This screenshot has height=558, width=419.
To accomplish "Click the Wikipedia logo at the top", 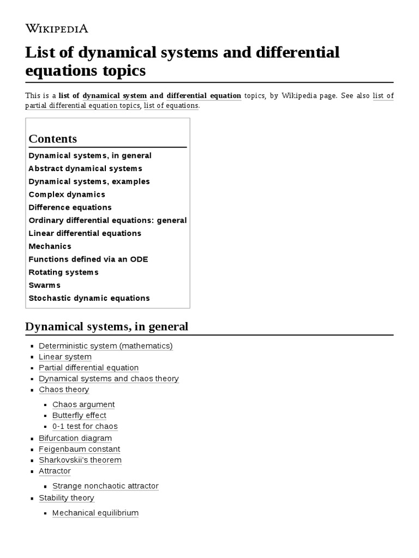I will [x=57, y=29].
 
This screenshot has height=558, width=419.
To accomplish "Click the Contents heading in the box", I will [x=53, y=138].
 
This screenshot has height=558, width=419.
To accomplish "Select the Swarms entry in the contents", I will [x=45, y=285].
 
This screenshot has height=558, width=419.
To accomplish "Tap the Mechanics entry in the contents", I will [x=50, y=246].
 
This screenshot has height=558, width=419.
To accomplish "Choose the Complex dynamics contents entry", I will [x=67, y=195].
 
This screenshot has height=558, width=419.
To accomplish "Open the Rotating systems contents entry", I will [x=64, y=272].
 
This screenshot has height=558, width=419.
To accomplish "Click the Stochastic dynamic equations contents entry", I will [x=89, y=298].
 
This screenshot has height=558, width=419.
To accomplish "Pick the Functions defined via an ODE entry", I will [x=88, y=259].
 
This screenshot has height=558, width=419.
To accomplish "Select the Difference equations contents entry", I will [x=70, y=208].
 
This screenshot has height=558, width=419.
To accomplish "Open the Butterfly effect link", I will [x=79, y=415].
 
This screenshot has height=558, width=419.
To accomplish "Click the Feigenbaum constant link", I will [x=80, y=449].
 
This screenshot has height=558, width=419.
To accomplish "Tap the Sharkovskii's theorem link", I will [x=80, y=460].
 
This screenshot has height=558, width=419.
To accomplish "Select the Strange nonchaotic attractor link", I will [x=105, y=486].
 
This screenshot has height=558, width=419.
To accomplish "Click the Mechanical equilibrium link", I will [x=95, y=513].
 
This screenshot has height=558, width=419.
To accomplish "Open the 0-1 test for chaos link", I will [x=85, y=426].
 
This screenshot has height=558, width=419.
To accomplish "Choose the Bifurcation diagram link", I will [x=75, y=438].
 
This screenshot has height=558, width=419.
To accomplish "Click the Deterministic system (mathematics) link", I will [x=106, y=345].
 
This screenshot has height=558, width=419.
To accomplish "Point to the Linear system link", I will [x=65, y=356].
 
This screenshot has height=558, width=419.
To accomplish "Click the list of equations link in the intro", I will [x=171, y=105].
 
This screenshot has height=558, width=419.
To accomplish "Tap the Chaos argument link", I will [x=83, y=404].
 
